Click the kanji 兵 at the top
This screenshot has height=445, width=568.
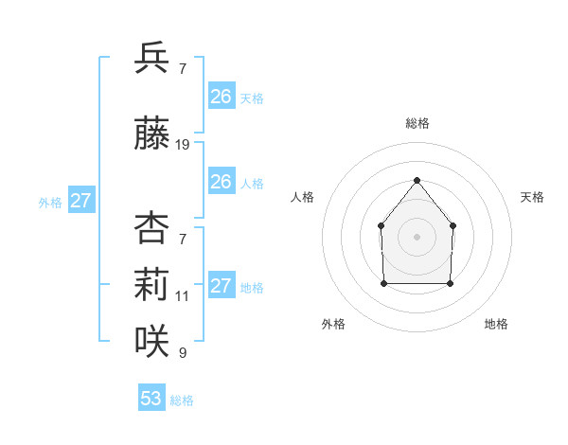point(151,59)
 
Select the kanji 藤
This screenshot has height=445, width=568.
point(151,133)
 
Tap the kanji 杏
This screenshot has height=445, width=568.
point(151,228)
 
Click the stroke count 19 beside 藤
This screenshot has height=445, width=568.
point(183,145)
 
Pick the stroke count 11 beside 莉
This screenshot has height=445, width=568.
point(183,295)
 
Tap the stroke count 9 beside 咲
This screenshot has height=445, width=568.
point(183,353)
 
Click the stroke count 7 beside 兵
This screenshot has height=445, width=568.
point(183,70)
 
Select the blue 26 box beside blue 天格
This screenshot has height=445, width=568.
point(222,97)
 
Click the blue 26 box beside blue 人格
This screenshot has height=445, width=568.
point(222,182)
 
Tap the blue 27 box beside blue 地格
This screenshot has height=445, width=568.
point(222,286)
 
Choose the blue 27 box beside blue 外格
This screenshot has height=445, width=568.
point(81,201)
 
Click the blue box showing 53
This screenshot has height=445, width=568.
point(151,399)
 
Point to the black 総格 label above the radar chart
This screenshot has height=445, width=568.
point(417,123)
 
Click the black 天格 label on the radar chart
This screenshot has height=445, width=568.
point(532,197)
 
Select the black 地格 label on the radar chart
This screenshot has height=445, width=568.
point(496,324)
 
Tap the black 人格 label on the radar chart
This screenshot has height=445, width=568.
point(303,197)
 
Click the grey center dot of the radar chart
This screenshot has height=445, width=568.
point(417,236)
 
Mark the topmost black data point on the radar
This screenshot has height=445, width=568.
point(417,180)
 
